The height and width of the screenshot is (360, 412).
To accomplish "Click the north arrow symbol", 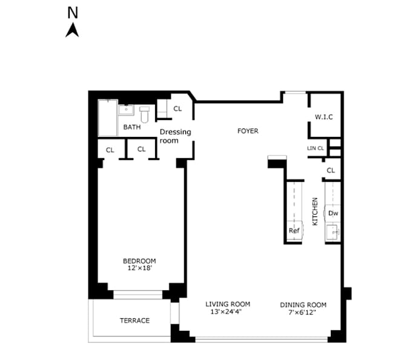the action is pyautogui.click(x=72, y=30).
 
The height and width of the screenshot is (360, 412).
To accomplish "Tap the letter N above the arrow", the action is pyautogui.click(x=73, y=12).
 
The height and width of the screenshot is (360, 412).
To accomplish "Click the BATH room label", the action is pyautogui.click(x=132, y=127).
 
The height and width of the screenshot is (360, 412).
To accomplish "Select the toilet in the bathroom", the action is pyautogui.click(x=144, y=115).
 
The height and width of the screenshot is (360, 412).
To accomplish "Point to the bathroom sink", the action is pyautogui.click(x=126, y=110).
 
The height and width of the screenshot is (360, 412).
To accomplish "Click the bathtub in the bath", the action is pyautogui.click(x=108, y=118).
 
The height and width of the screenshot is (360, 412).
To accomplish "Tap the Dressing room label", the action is pyautogui.click(x=175, y=136).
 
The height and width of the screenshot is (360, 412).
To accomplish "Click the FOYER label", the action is pyautogui.click(x=248, y=131).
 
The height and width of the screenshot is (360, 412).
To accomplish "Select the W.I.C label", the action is pyautogui.click(x=324, y=117).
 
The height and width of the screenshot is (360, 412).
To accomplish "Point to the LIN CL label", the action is pyautogui.click(x=315, y=148).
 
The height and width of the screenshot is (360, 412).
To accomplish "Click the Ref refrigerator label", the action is pyautogui.click(x=294, y=230).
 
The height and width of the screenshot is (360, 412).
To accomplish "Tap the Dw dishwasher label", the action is pyautogui.click(x=333, y=213).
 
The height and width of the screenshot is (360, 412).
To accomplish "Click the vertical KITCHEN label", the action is pyautogui.click(x=315, y=212).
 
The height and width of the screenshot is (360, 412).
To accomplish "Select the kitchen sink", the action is pyautogui.click(x=333, y=232).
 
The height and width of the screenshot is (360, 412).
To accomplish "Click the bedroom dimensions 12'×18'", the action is pyautogui.click(x=139, y=268).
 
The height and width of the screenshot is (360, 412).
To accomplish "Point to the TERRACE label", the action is pyautogui.click(x=135, y=321).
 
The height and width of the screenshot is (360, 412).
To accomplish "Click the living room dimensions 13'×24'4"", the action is pyautogui.click(x=226, y=312).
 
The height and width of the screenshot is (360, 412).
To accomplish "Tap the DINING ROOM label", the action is pyautogui.click(x=303, y=305).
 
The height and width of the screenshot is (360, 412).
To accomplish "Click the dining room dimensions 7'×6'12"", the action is pyautogui.click(x=302, y=313).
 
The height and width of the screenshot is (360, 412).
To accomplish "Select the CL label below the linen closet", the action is pyautogui.click(x=331, y=170).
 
